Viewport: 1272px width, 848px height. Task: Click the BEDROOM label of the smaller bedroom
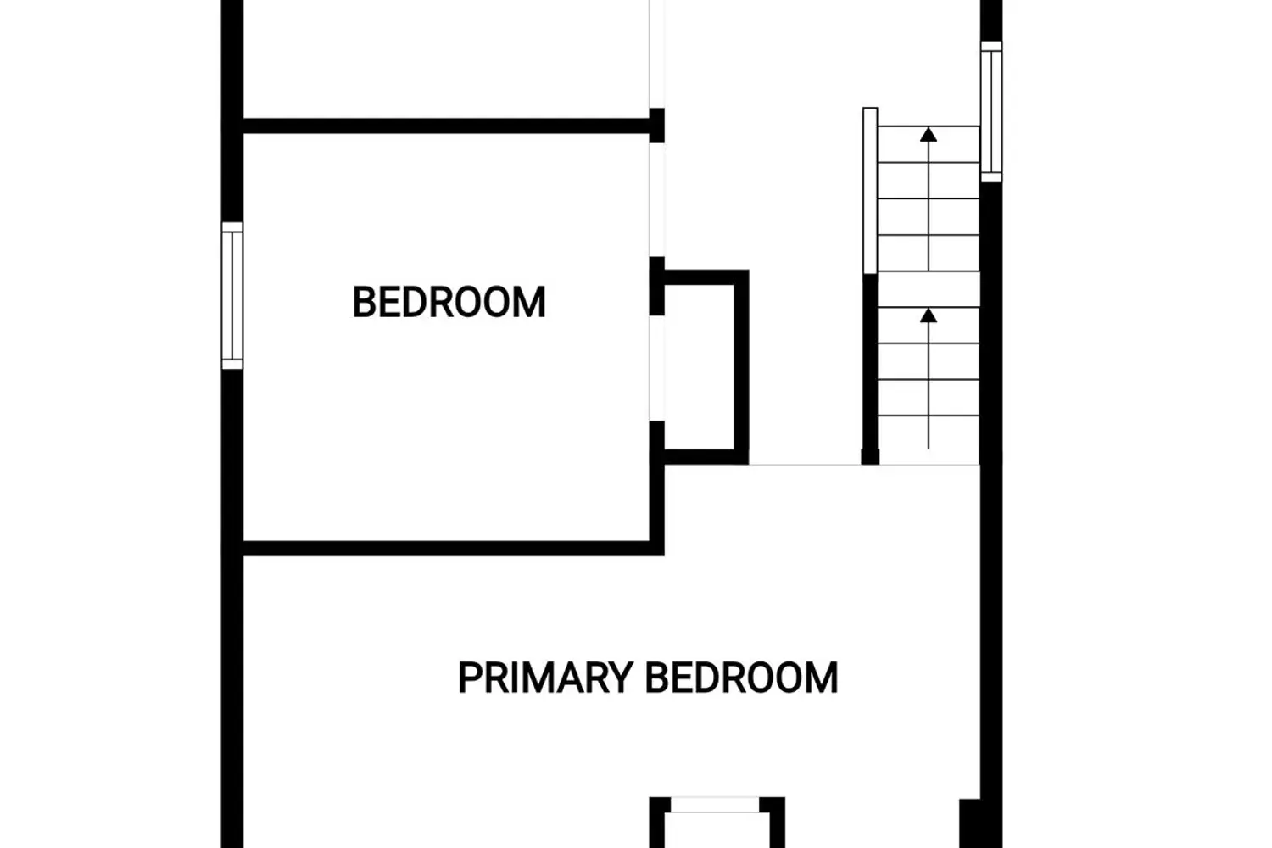(x=449, y=302)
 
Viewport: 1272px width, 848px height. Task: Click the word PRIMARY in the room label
(x=546, y=678)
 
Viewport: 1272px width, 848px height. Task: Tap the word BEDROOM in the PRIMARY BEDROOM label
(x=742, y=678)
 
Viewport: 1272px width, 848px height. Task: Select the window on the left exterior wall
(x=232, y=295)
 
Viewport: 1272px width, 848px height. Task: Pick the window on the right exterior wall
(x=991, y=111)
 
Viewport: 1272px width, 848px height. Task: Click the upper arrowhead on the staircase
(x=929, y=135)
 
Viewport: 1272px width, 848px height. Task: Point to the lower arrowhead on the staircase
(x=929, y=315)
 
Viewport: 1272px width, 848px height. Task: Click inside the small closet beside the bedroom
(x=699, y=367)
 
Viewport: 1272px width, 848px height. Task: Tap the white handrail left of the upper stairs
(x=870, y=191)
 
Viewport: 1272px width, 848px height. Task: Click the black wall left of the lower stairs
(x=870, y=369)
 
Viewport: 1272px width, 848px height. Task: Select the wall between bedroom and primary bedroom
(x=453, y=548)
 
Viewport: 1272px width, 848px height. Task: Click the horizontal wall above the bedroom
(x=446, y=126)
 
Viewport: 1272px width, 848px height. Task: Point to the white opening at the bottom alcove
(x=715, y=805)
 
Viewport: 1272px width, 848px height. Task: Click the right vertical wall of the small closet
(x=741, y=367)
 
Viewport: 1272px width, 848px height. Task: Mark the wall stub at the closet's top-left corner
(x=657, y=286)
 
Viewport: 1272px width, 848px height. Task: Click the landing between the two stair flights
(x=929, y=289)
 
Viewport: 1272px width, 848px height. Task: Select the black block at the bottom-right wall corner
(x=970, y=823)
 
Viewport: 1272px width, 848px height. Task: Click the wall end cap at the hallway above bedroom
(x=657, y=125)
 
